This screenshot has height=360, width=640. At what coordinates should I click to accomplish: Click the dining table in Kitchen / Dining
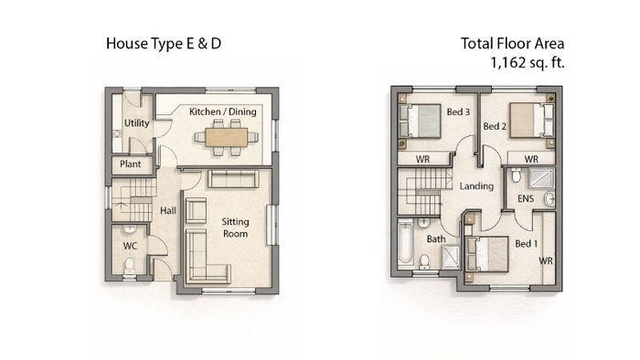226,137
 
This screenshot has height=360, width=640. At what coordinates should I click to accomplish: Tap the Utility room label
136,123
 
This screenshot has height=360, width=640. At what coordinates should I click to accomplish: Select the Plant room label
130,164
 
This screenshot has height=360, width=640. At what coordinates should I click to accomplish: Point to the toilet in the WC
130,265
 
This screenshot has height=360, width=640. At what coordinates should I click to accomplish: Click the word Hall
167,211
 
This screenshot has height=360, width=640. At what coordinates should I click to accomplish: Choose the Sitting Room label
235,228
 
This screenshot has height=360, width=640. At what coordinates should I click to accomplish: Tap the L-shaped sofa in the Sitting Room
208,256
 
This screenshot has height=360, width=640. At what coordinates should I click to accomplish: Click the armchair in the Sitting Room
196,211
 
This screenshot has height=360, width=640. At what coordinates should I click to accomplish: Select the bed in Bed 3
420,122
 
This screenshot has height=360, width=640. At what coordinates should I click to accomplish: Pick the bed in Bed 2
532,121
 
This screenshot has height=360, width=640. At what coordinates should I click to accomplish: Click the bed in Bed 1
486,254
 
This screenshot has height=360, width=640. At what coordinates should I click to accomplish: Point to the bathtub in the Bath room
406,242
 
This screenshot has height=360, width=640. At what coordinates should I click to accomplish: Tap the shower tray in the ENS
541,178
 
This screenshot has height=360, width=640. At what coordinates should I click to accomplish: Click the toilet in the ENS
517,175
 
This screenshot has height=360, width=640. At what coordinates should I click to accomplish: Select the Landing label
476,186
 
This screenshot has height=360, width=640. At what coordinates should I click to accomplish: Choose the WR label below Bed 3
422,159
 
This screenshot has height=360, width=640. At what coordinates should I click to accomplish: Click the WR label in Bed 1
546,260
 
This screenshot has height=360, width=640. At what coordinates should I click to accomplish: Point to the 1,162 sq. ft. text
528,63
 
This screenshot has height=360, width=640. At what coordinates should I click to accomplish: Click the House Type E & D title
164,44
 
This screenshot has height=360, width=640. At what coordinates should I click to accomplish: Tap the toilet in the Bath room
424,261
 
